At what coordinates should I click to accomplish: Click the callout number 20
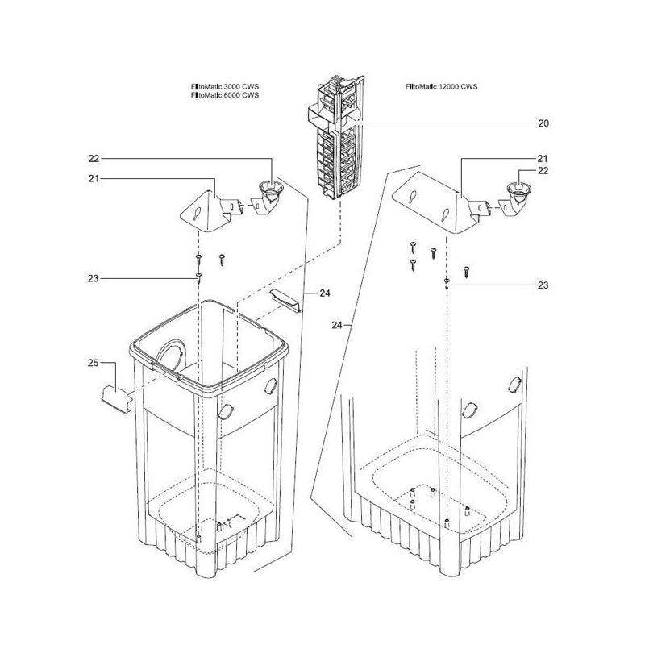[x=543, y=123]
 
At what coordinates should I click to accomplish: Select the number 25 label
[x=94, y=363]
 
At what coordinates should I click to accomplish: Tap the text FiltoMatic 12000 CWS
[x=441, y=87]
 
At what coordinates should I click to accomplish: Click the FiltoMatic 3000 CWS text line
[x=225, y=87]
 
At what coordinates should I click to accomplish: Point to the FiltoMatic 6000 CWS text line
[x=225, y=95]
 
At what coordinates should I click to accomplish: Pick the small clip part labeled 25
[x=116, y=399]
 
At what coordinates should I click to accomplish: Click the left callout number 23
[x=94, y=278]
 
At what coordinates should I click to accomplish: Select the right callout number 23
[x=543, y=285]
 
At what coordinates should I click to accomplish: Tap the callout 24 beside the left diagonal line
[x=325, y=293]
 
